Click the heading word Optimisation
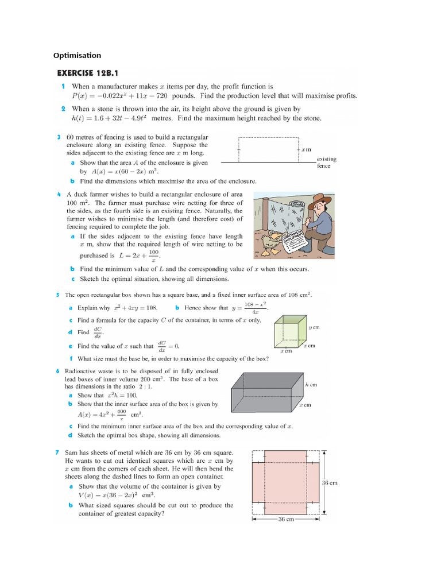coord(77,56)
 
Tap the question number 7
coord(58,452)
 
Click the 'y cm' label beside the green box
coord(314,327)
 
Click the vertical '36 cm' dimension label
coord(329,483)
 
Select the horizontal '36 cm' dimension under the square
coord(285,519)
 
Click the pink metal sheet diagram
coord(285,482)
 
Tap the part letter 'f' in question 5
coord(70,358)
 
